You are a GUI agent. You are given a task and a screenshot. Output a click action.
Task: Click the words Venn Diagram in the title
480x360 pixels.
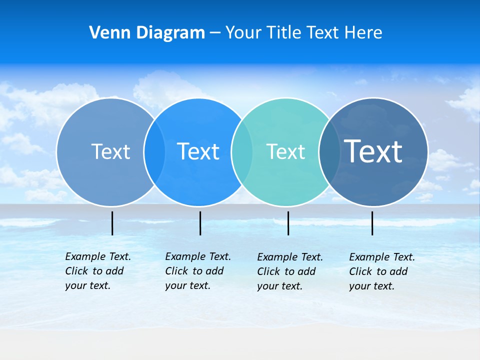click(x=147, y=33)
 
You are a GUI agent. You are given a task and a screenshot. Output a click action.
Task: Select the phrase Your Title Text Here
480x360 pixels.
click(x=303, y=33)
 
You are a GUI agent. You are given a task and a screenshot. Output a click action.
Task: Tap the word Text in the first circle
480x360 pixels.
click(x=110, y=151)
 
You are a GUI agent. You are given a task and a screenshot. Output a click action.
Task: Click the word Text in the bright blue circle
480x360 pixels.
click(x=198, y=151)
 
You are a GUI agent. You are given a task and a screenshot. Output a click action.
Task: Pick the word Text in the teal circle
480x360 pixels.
click(x=285, y=151)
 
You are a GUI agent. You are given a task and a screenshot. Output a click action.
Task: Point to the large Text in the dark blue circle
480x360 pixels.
click(x=373, y=151)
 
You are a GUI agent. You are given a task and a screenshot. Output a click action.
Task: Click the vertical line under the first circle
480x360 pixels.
click(x=112, y=223)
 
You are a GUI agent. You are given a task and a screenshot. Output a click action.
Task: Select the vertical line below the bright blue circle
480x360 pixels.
click(x=200, y=223)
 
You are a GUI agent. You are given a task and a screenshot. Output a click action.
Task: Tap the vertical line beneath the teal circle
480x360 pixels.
click(x=288, y=223)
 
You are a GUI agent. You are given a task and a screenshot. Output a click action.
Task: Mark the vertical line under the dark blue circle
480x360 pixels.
click(x=372, y=223)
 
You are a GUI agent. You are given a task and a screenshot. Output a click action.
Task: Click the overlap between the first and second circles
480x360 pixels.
click(x=154, y=151)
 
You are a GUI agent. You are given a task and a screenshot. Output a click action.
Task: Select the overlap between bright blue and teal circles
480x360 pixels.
click(x=242, y=151)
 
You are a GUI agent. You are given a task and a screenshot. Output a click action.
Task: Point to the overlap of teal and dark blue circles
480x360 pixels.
click(x=329, y=151)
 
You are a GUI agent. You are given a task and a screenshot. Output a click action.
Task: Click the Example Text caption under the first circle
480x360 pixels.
click(x=97, y=271)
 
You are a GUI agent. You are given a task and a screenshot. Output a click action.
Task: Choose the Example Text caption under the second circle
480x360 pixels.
click(x=197, y=271)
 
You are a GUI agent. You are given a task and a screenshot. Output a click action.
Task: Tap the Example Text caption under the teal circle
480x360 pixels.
click(x=289, y=271)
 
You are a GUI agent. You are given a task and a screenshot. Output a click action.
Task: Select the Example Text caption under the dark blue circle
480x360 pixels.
click(x=381, y=271)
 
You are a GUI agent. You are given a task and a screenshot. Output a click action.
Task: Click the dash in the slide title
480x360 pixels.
click(x=215, y=33)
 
